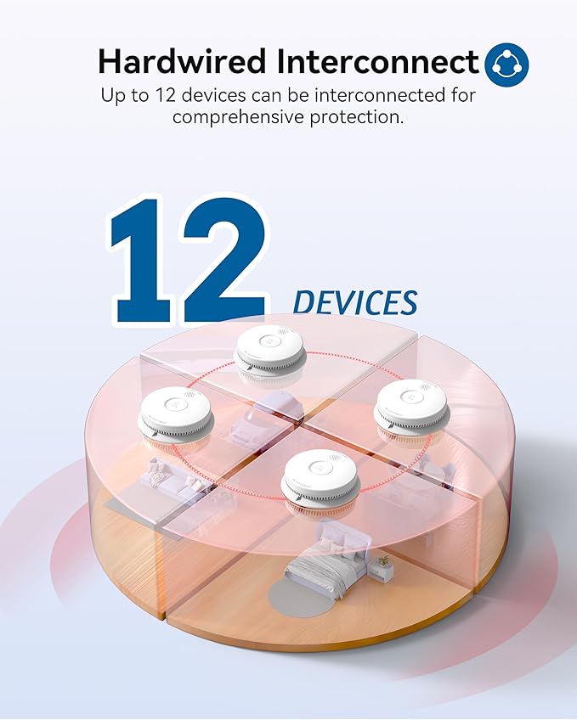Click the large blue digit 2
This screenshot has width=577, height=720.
click(221, 259)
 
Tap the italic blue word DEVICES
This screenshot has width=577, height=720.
click(355, 302)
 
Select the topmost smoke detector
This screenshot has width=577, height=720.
click(269, 350)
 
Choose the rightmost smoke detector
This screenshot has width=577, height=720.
click(411, 407)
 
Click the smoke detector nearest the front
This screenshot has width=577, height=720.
click(320, 477)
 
